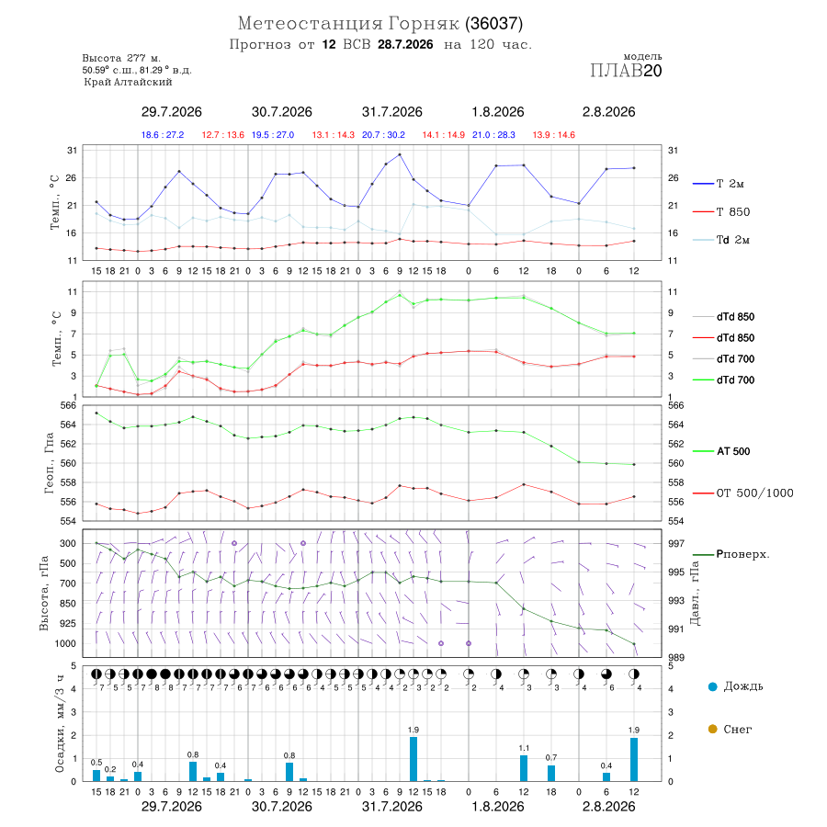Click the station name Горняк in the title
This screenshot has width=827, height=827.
click(x=424, y=24)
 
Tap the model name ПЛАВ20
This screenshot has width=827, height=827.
click(x=626, y=71)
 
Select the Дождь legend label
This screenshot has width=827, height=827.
click(x=743, y=686)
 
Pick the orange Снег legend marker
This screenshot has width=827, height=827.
click(x=712, y=729)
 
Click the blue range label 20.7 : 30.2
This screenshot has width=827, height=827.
click(x=383, y=135)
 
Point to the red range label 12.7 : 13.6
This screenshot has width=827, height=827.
click(x=223, y=135)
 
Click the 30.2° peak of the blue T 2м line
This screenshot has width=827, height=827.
click(x=400, y=154)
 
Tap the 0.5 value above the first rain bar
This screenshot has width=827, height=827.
click(x=96, y=763)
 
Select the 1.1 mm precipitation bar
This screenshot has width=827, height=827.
click(x=524, y=768)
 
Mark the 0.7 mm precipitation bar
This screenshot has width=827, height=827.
click(x=551, y=773)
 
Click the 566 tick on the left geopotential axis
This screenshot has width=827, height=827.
click(x=70, y=405)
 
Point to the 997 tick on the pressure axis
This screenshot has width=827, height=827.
click(x=675, y=543)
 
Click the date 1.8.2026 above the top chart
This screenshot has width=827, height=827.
click(x=498, y=112)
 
